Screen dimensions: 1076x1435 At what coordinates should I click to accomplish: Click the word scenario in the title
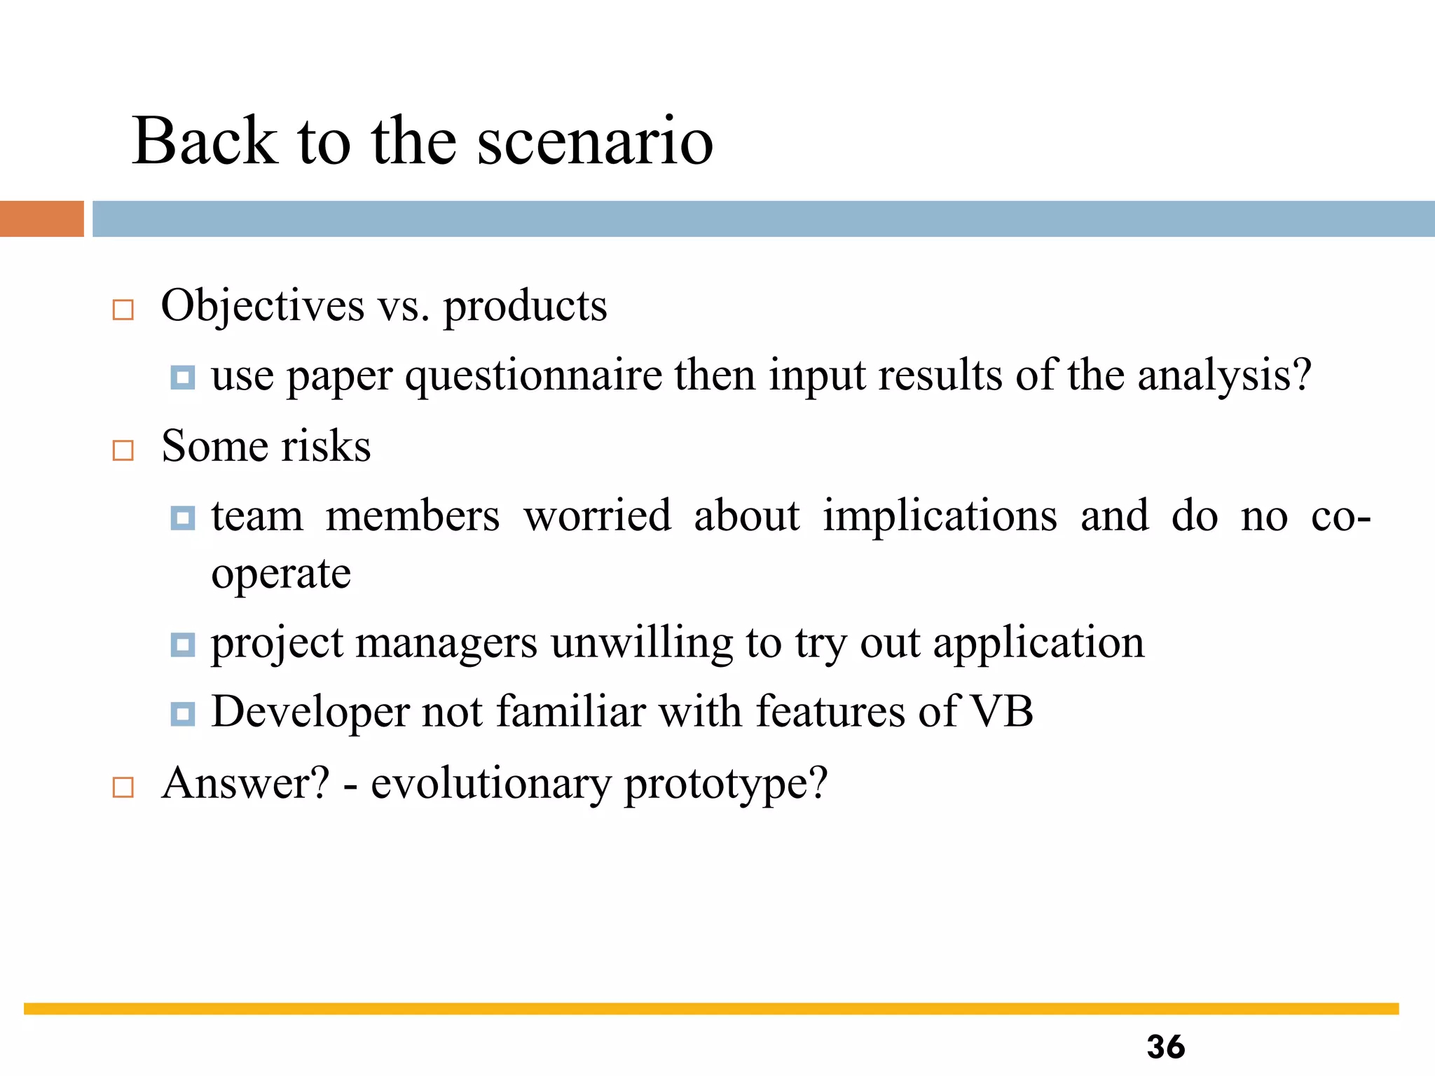(x=595, y=142)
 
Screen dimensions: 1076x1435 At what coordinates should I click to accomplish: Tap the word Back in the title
(x=205, y=142)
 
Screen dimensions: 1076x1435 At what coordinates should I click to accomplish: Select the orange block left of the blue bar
(x=41, y=219)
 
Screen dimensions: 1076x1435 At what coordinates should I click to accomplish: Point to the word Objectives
(x=263, y=306)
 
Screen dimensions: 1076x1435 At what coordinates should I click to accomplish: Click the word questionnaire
(x=533, y=376)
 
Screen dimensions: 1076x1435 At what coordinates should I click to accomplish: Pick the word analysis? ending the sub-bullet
(x=1223, y=376)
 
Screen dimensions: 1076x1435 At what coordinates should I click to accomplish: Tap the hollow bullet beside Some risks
(x=123, y=450)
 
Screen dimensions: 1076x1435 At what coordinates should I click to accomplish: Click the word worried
(x=597, y=516)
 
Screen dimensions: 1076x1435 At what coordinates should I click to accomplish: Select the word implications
(x=940, y=516)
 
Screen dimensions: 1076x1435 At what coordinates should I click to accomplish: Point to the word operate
(x=281, y=574)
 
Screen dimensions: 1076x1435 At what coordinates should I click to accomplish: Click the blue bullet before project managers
(x=183, y=644)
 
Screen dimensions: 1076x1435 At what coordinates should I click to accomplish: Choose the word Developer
(x=310, y=712)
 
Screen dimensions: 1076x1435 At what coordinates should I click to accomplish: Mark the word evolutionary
(x=490, y=783)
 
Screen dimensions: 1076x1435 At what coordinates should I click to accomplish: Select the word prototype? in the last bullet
(x=726, y=785)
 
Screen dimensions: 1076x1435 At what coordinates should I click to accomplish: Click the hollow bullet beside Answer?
(x=123, y=787)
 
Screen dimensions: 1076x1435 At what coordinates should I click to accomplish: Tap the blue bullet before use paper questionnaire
(x=183, y=378)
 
